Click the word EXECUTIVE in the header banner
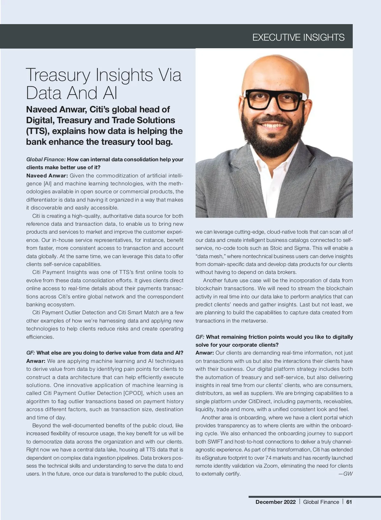pyautogui.click(x=276, y=37)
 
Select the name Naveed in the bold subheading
pyautogui.click(x=39, y=110)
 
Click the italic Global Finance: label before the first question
pyautogui.click(x=46, y=159)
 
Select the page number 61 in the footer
pyautogui.click(x=349, y=502)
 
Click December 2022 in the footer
pyautogui.click(x=275, y=502)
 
